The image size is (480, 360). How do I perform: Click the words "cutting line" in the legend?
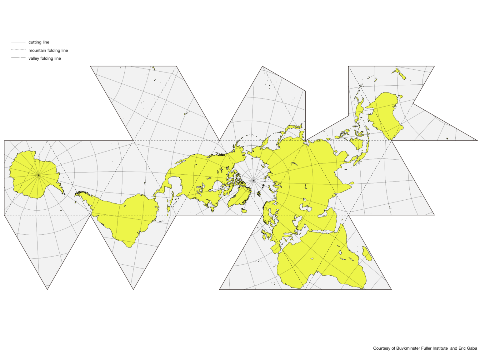(x=39, y=42)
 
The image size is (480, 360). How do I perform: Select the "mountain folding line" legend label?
(x=48, y=50)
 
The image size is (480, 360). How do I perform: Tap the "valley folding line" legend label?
(x=45, y=58)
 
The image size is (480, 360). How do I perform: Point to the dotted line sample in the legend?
(x=18, y=49)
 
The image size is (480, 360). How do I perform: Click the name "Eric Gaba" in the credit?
(x=467, y=348)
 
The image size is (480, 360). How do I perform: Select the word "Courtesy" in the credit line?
(x=381, y=348)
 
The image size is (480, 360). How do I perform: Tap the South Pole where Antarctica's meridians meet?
(x=38, y=175)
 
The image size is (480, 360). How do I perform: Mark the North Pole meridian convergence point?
(x=253, y=180)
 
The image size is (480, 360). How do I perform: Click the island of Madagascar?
(x=367, y=254)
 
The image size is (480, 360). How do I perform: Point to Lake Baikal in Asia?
(x=305, y=187)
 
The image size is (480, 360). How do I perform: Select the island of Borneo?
(x=357, y=143)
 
